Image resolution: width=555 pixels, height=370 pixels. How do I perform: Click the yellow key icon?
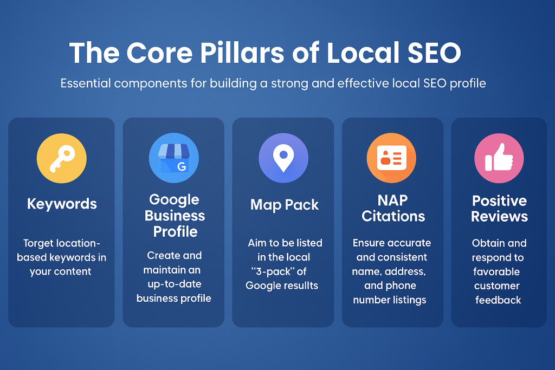tap(62, 158)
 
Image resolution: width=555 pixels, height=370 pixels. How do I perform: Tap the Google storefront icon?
tap(174, 158)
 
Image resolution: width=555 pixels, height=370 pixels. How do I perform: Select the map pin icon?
tap(283, 158)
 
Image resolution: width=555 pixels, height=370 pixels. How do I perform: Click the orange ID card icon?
tap(391, 158)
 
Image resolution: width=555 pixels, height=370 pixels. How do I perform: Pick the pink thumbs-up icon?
tap(499, 158)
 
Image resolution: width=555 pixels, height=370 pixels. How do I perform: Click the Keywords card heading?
tap(62, 204)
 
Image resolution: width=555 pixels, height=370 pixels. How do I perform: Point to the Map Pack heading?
tap(285, 205)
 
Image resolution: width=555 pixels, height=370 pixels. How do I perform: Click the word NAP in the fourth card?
tap(392, 200)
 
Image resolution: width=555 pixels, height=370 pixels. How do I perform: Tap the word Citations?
tap(393, 216)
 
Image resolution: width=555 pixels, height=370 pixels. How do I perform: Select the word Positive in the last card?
tap(499, 201)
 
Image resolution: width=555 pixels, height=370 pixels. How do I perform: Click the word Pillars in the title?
tap(242, 53)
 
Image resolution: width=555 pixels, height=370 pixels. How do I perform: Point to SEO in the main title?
tap(434, 53)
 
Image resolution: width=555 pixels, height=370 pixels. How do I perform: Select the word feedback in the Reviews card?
tap(498, 300)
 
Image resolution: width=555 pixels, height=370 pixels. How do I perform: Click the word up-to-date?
tap(175, 284)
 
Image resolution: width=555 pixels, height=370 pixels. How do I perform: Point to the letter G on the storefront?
tap(182, 166)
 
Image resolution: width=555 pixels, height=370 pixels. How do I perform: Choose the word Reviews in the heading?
tap(499, 217)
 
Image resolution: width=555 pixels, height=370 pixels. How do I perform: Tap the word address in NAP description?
tap(405, 271)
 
